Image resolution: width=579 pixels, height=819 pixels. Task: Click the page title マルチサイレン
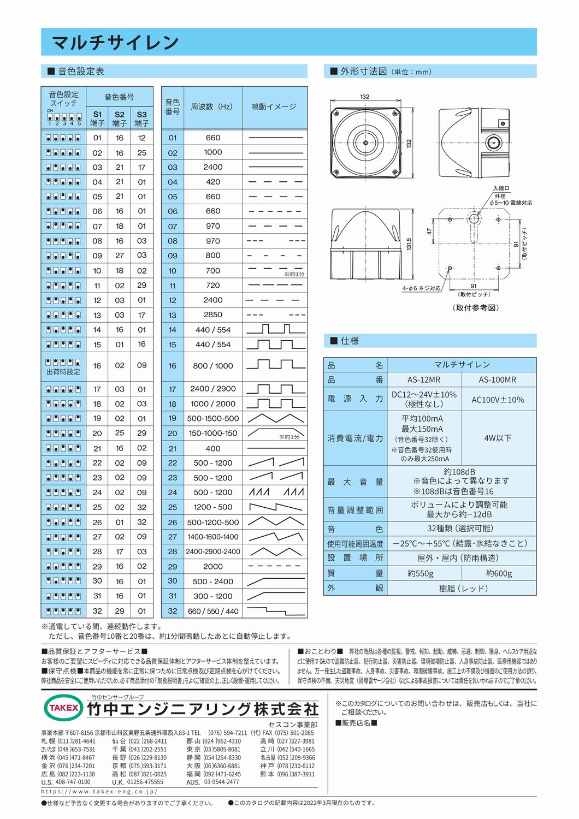(115, 42)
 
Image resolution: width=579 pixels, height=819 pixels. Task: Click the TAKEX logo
(63, 708)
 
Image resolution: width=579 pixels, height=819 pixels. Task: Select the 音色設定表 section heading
(81, 71)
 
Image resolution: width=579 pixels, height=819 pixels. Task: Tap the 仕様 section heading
(350, 341)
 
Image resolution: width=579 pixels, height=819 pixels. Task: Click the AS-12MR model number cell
(423, 379)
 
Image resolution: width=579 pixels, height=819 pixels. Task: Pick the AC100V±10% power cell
(497, 399)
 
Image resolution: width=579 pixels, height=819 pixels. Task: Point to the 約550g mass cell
(421, 573)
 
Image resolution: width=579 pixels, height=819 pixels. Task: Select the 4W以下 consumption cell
(498, 438)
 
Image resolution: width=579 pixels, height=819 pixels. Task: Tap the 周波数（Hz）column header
(212, 107)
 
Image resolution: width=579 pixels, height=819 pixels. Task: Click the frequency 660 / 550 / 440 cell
(212, 611)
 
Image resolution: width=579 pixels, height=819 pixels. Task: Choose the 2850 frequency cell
(212, 315)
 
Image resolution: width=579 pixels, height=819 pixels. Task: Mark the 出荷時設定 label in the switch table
(63, 372)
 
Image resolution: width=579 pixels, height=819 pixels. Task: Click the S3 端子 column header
(141, 118)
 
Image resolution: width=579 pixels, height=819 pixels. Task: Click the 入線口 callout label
(501, 188)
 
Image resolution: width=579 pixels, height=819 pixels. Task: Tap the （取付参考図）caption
(476, 308)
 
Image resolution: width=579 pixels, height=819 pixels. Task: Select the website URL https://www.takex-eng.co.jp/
(99, 791)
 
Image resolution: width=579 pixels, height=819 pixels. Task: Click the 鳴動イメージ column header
(274, 107)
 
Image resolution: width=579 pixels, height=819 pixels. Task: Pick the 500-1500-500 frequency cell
(212, 419)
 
